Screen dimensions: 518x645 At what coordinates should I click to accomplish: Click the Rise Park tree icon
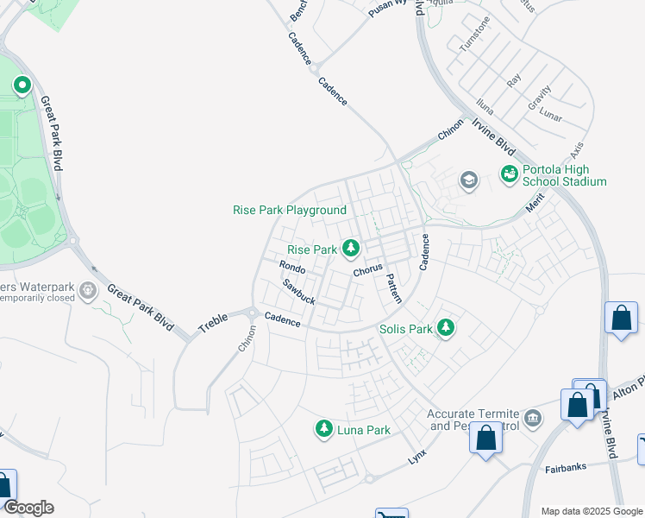351,249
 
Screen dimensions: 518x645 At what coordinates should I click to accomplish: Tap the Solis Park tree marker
445,328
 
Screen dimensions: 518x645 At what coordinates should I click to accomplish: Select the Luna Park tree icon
324,428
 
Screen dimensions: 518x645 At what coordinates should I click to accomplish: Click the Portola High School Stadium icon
510,174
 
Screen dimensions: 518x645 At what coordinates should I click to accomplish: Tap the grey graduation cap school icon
469,180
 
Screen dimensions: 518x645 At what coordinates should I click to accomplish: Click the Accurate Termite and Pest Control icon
534,420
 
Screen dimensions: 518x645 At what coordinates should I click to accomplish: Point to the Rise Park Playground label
290,210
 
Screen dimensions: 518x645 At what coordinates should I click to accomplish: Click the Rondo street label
291,268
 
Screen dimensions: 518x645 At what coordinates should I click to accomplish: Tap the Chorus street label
367,269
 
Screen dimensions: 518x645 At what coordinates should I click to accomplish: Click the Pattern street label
392,288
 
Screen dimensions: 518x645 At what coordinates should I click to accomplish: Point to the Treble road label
212,324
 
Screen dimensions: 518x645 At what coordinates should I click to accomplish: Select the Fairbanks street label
566,469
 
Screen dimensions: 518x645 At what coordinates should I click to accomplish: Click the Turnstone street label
473,35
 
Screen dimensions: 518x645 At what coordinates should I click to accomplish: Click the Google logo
28,508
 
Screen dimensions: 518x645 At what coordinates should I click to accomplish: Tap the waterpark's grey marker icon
88,290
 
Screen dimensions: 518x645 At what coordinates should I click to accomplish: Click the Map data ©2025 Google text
590,511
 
